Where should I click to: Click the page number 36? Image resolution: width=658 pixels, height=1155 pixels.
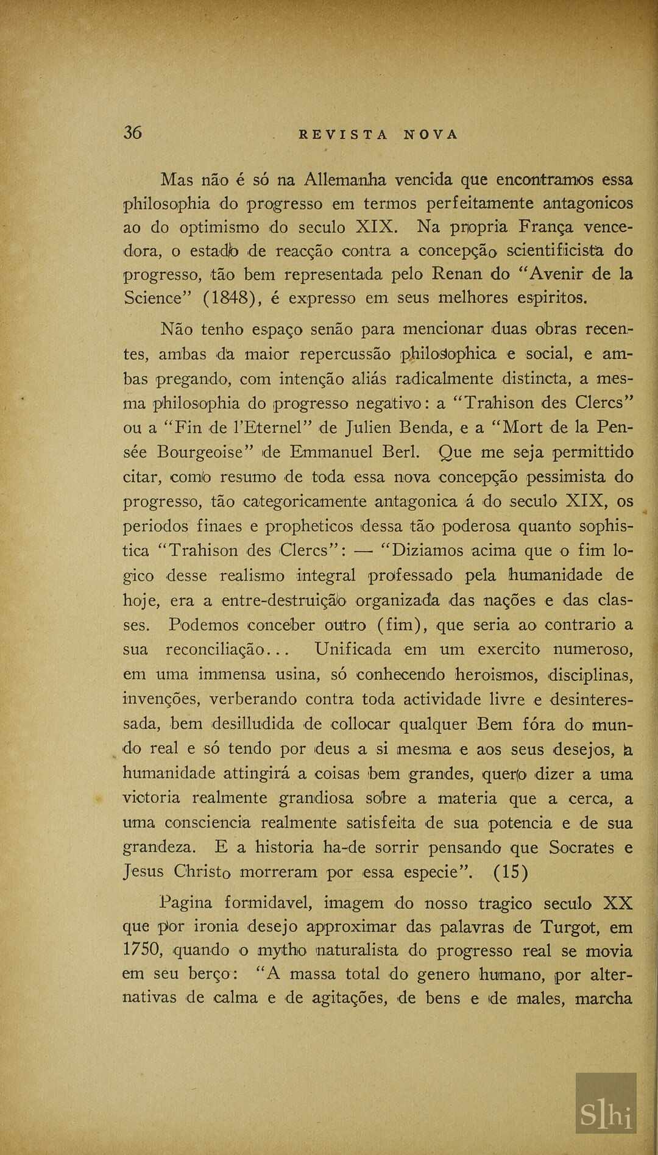133,132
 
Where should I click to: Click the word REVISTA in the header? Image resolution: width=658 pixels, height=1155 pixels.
343,135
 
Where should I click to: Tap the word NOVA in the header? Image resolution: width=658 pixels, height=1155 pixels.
430,135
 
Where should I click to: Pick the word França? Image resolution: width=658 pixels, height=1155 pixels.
546,227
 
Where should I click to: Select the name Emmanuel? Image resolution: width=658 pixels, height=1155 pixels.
331,452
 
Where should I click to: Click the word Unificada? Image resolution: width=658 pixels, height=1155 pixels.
353,649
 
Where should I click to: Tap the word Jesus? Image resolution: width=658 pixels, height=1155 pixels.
143,872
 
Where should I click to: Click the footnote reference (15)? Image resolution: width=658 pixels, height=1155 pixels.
511,872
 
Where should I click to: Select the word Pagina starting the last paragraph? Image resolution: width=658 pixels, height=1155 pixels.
186,903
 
